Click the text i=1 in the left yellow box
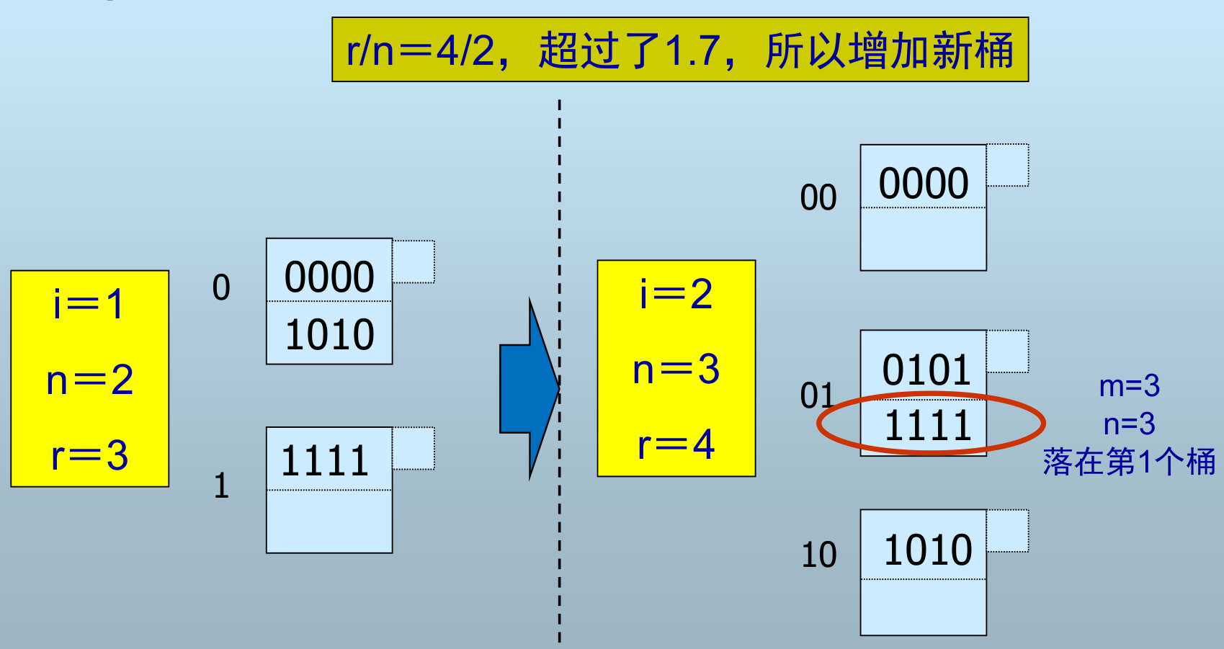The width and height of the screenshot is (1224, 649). click(89, 304)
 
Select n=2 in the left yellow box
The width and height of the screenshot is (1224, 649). click(89, 380)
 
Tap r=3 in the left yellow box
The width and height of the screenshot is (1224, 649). click(89, 455)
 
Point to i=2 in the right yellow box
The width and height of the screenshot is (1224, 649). click(676, 294)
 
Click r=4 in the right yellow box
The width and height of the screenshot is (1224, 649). click(676, 444)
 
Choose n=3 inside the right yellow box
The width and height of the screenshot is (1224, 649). click(676, 370)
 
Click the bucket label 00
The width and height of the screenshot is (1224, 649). click(818, 197)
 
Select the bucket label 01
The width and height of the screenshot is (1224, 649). click(817, 395)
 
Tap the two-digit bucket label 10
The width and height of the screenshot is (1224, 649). click(819, 555)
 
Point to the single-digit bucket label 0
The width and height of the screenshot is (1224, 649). click(221, 287)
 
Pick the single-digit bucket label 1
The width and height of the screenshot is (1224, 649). click(221, 486)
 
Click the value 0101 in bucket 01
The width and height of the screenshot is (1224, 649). click(927, 370)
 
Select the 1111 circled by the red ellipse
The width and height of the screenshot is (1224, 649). click(928, 425)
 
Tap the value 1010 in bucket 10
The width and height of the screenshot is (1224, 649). click(928, 550)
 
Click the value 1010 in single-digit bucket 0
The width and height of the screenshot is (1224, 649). click(330, 335)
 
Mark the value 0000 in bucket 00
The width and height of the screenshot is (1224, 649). click(924, 184)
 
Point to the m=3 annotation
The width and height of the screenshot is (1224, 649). click(1129, 387)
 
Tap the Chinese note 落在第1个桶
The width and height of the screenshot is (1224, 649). click(1129, 462)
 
